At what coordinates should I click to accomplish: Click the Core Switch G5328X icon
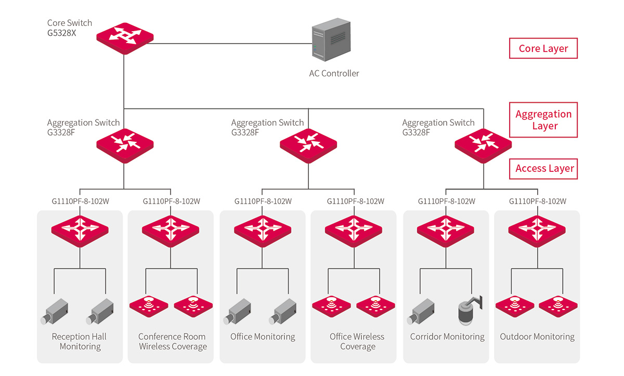click(x=125, y=37)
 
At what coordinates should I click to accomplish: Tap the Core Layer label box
click(x=543, y=49)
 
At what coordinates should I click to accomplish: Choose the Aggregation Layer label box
click(x=543, y=120)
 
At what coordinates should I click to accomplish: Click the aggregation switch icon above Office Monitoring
click(x=308, y=145)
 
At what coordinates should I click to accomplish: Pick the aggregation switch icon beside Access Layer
click(x=483, y=145)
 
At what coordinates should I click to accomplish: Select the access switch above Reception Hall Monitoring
click(x=80, y=229)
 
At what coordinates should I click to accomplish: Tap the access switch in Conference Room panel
click(x=170, y=229)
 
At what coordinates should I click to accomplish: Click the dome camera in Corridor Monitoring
click(x=468, y=312)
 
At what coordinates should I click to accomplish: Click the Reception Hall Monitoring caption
click(x=80, y=342)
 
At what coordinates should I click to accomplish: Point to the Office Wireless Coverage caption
click(x=357, y=342)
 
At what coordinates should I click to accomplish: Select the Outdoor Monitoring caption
click(x=537, y=337)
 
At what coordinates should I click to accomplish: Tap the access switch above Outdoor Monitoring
click(x=537, y=229)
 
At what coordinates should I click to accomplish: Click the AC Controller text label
click(x=334, y=74)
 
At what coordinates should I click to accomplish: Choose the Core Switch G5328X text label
click(x=70, y=28)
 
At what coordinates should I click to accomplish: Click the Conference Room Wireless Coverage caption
click(x=172, y=342)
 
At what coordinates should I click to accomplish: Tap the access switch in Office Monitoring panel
click(x=263, y=229)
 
